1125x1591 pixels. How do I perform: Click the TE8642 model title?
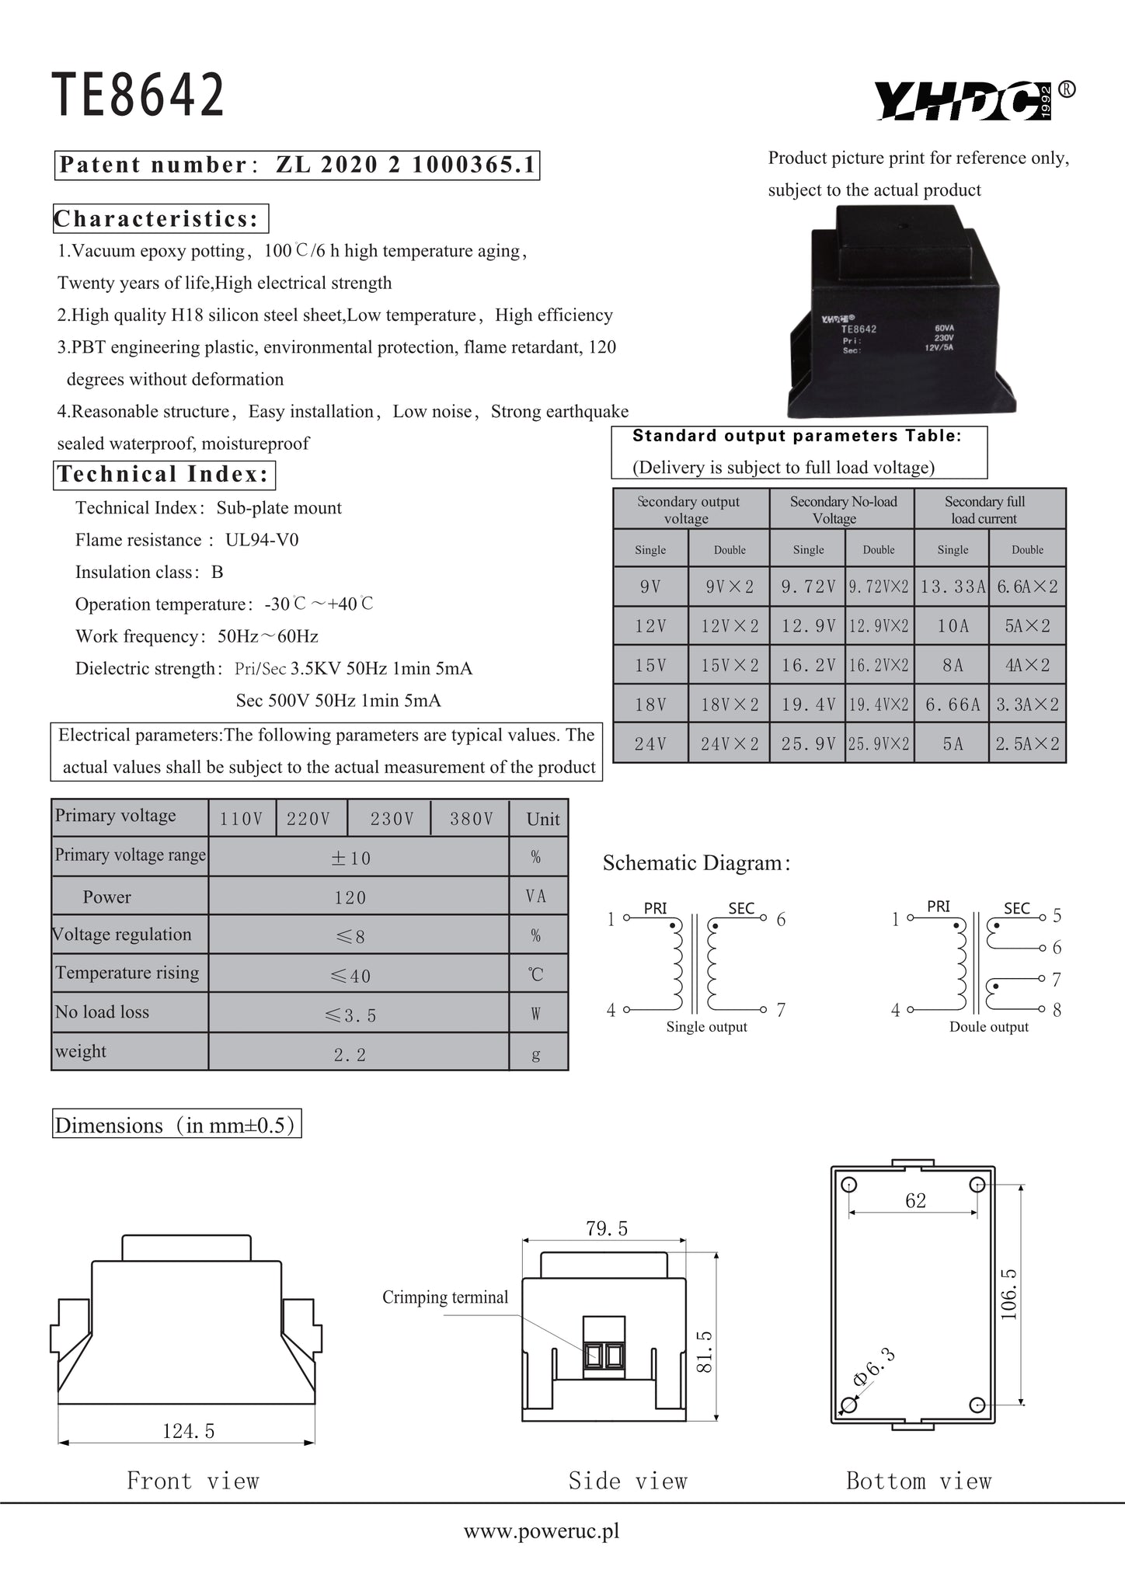click(138, 95)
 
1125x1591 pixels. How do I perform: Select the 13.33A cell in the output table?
click(953, 587)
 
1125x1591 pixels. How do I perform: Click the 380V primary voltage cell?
click(472, 819)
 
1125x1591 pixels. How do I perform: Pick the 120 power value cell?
click(350, 898)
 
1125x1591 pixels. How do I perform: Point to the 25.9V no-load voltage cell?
click(808, 744)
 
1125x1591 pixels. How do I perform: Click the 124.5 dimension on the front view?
click(188, 1431)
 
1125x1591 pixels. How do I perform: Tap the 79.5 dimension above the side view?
click(607, 1228)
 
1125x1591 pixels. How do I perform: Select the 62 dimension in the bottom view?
click(915, 1200)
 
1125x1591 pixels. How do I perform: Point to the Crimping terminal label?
click(445, 1297)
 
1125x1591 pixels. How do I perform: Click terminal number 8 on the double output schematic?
click(1057, 1011)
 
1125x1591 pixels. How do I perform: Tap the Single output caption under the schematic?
click(706, 1027)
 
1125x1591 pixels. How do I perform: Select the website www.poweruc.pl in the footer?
click(542, 1531)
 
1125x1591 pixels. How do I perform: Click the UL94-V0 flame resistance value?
click(262, 540)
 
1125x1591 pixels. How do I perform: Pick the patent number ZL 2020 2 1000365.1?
click(406, 165)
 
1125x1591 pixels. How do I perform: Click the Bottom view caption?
click(918, 1481)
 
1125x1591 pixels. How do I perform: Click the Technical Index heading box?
click(164, 474)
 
